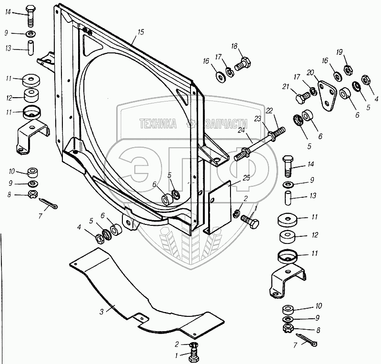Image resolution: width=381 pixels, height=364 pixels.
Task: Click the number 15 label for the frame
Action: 140,32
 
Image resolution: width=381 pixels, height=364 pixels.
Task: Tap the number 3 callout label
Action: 101,312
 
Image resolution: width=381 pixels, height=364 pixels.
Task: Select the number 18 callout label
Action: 234,46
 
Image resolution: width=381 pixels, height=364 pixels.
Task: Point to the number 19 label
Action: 340,52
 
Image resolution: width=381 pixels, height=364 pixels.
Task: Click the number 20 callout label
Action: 311,72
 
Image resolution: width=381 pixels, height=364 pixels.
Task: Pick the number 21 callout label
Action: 285,87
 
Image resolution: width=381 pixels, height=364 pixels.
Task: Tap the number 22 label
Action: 270,111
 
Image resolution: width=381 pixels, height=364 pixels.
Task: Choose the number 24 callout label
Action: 241,130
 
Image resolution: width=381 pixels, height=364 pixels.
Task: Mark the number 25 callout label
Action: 246,178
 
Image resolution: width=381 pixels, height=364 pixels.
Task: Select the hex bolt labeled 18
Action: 243,64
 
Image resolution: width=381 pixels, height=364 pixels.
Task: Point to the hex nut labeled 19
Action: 348,70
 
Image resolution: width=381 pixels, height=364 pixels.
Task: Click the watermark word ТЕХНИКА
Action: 158,124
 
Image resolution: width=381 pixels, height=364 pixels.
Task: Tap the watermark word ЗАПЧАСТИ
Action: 227,124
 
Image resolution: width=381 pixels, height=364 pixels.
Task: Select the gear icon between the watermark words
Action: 191,124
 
